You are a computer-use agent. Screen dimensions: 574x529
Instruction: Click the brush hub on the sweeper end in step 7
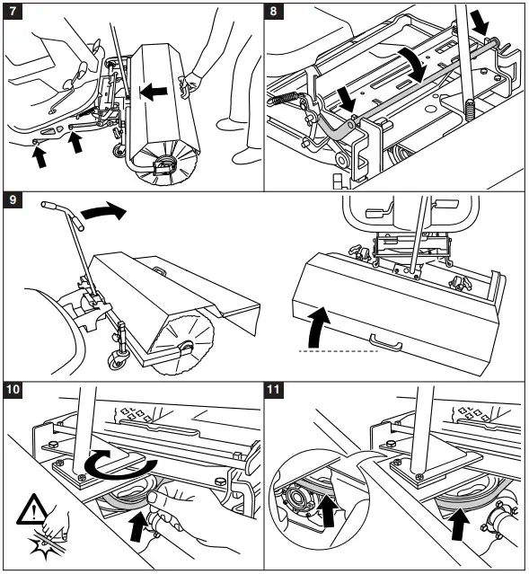(x=165, y=163)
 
